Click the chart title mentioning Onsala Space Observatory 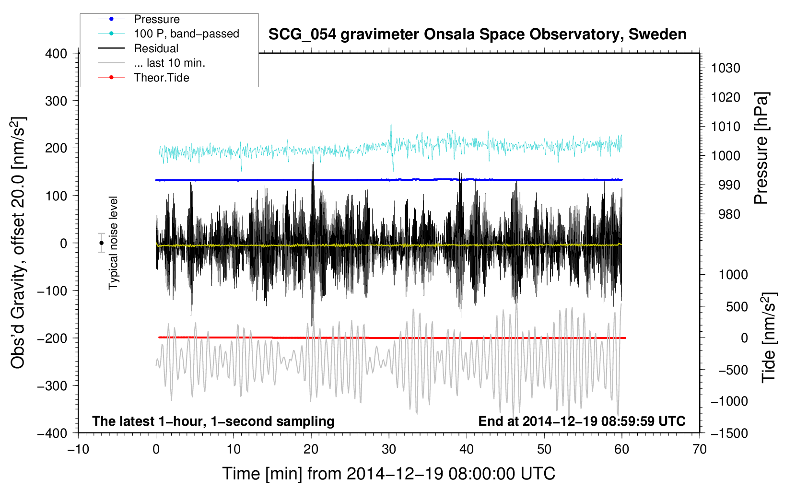(x=477, y=35)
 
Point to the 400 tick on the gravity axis (x=57, y=54)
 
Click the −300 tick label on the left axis (x=52, y=386)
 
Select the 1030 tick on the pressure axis (x=726, y=68)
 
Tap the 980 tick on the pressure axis (x=729, y=214)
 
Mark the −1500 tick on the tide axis (x=729, y=433)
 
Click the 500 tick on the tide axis (x=737, y=307)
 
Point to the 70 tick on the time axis (x=700, y=450)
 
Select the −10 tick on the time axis (x=78, y=450)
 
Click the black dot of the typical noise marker (x=101, y=243)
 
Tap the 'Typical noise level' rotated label (x=113, y=243)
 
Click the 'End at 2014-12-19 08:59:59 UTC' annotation (x=582, y=421)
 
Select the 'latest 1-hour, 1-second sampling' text (x=213, y=421)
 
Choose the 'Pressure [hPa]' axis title (x=761, y=148)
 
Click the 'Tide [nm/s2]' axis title (x=769, y=338)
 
